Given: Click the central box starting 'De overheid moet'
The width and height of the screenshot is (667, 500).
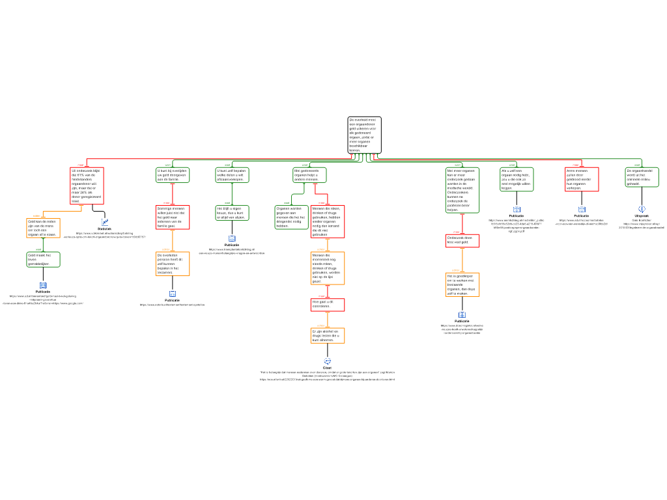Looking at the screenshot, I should click(364, 135).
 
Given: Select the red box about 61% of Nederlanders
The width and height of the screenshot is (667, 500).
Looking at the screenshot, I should click(87, 186).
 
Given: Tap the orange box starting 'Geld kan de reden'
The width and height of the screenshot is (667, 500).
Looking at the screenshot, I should click(43, 228).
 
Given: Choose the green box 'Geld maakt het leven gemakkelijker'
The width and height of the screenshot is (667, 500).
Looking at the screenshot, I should click(43, 259).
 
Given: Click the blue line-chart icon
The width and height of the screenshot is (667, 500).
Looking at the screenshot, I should click(105, 223).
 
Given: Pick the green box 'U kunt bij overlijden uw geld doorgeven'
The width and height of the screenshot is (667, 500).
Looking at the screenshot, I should click(173, 174).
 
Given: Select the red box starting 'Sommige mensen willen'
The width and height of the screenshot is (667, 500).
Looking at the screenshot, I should click(173, 217).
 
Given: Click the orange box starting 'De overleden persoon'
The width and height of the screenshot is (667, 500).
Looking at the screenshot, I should click(173, 264).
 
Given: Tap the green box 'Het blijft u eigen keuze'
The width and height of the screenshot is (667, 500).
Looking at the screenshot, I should click(232, 213).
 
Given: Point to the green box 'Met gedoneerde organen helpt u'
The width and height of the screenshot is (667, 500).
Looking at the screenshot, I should click(309, 174).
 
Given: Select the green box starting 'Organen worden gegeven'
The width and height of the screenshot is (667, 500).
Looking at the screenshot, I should click(291, 217).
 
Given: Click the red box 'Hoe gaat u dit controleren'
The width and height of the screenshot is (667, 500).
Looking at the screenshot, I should click(328, 305).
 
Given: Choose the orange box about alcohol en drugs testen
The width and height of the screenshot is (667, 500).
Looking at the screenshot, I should click(328, 335).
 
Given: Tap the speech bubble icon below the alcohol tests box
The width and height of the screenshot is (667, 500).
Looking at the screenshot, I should click(328, 361).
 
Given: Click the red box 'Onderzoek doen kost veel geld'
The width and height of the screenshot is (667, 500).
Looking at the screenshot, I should click(462, 241).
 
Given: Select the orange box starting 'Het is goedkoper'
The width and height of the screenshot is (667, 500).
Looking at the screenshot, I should click(462, 285).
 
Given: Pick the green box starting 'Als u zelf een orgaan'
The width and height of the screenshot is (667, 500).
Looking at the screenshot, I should click(517, 179).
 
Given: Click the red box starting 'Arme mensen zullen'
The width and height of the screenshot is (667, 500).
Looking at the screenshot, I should click(582, 179).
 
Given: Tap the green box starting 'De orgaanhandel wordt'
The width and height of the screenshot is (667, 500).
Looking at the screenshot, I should click(642, 177).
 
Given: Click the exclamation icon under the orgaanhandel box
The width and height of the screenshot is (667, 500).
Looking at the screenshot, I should click(642, 209).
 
